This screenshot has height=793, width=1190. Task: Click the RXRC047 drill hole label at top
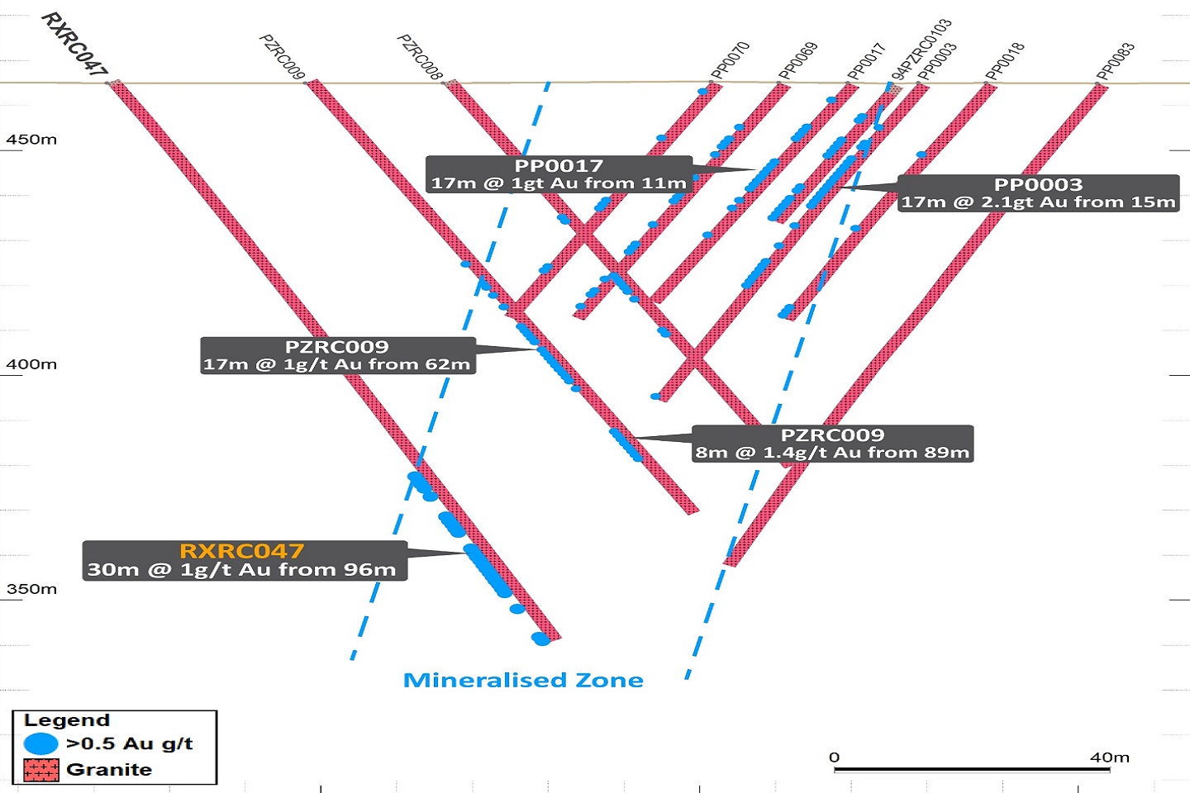(74, 44)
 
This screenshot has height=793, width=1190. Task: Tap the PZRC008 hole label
(421, 56)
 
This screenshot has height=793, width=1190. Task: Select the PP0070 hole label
(730, 60)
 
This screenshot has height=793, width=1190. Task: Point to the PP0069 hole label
(798, 60)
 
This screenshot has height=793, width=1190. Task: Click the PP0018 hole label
(1005, 61)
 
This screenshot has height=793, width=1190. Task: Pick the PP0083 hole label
(1116, 61)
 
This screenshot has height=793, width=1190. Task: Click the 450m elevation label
(31, 140)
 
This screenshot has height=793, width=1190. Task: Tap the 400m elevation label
(31, 364)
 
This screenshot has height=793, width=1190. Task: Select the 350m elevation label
(31, 589)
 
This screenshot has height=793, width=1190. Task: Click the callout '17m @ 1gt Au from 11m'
(559, 183)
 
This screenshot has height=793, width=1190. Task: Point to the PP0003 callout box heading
(1038, 184)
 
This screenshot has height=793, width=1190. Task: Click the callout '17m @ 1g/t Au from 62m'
(337, 364)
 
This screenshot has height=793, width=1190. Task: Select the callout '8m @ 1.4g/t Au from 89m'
(832, 452)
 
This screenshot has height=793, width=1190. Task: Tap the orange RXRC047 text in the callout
(242, 551)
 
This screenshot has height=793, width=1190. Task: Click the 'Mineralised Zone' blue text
(523, 680)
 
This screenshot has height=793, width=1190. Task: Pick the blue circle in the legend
(41, 743)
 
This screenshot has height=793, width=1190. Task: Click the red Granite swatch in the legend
(41, 770)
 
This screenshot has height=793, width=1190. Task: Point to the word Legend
(66, 720)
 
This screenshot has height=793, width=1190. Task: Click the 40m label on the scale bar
(1109, 757)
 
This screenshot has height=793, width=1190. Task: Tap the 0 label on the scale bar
(834, 757)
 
